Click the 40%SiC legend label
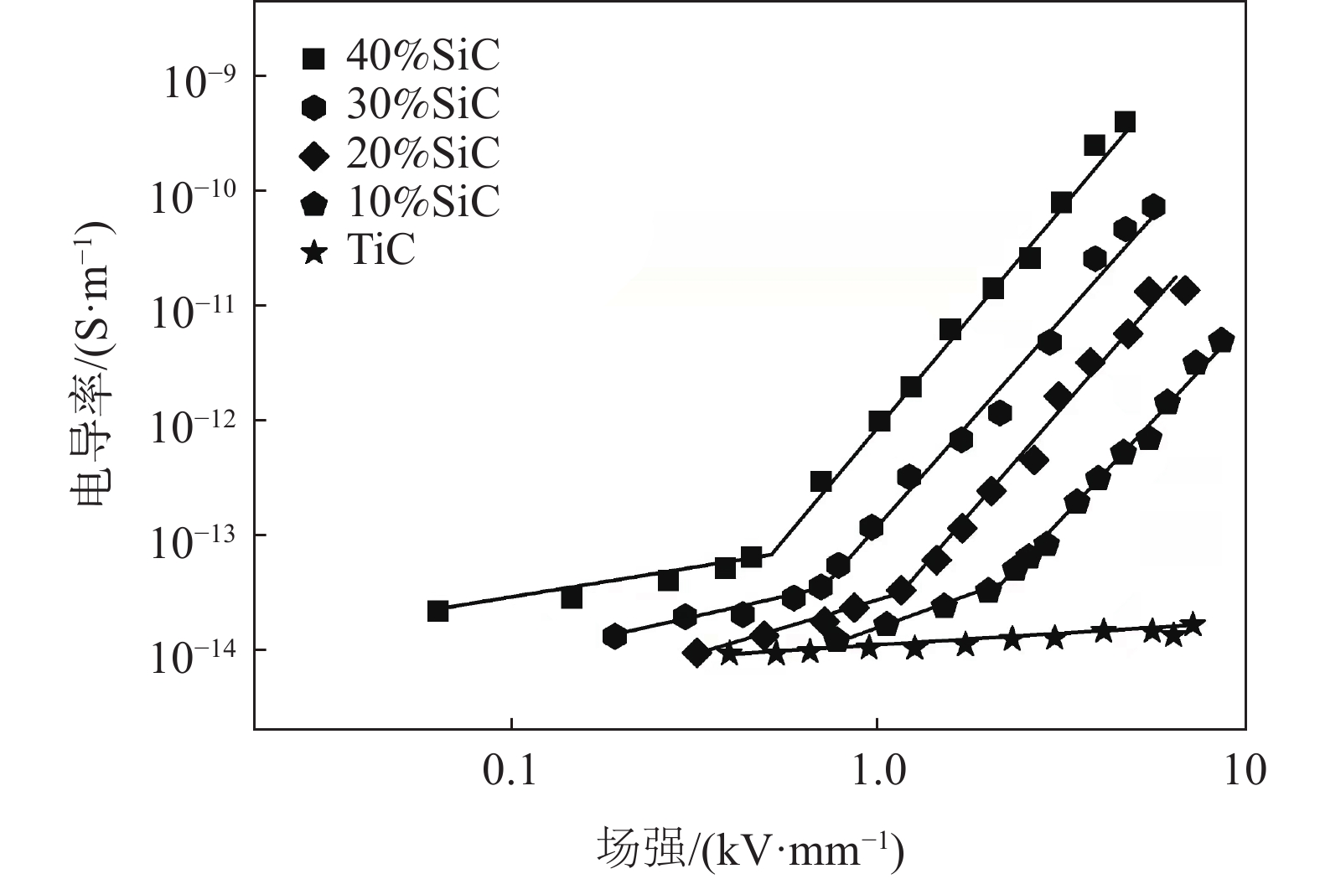tap(422, 57)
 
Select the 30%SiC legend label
tap(422, 105)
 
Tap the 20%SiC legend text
tap(422, 153)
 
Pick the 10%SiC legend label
tap(422, 201)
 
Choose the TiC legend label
tap(380, 250)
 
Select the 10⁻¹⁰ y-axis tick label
tap(194, 196)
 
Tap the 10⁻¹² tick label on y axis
tap(194, 426)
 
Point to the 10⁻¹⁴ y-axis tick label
tap(194, 655)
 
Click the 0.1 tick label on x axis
tap(510, 771)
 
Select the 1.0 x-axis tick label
tap(877, 771)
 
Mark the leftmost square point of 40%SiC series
tap(437, 611)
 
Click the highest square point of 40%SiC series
tap(1125, 122)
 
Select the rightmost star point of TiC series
tap(1193, 624)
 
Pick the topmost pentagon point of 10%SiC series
tap(1221, 340)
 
